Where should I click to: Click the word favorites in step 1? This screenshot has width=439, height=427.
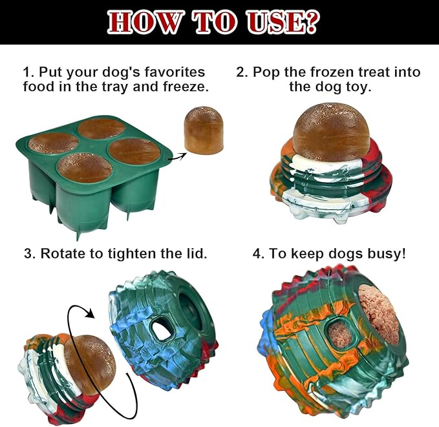pyautogui.click(x=175, y=72)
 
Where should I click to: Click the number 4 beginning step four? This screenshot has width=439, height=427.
pyautogui.click(x=257, y=253)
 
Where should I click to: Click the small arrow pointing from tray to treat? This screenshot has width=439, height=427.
pyautogui.click(x=177, y=156)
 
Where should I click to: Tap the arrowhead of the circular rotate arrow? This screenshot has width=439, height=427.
pyautogui.click(x=91, y=312)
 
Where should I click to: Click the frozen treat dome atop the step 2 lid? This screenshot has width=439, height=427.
pyautogui.click(x=332, y=132)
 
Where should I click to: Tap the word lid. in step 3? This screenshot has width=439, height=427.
pyautogui.click(x=197, y=253)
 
